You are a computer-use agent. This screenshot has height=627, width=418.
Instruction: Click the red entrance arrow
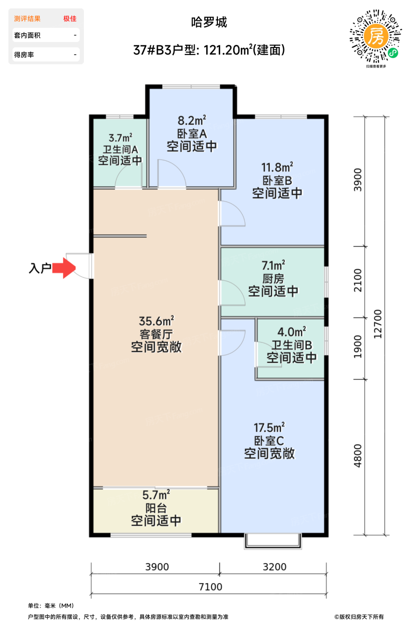pos(64,268)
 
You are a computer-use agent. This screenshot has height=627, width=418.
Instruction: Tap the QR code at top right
pos(376,36)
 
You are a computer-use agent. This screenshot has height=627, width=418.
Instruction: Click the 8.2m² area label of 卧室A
pos(192,120)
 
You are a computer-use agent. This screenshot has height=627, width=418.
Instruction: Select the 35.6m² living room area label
pos(157,321)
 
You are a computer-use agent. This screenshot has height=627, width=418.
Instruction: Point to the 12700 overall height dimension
pos(378,324)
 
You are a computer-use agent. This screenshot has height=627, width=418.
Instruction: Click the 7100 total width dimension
pos(210,586)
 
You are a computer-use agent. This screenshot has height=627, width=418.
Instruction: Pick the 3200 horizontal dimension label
pos(274,567)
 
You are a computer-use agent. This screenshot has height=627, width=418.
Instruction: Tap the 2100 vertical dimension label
pos(358,280)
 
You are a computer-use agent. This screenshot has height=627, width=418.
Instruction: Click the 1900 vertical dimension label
pos(358,347)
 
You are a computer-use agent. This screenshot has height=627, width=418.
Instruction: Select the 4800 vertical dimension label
pos(358,456)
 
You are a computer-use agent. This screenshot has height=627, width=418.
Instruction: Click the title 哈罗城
pos(209,22)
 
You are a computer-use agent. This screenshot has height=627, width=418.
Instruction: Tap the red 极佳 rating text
pos(70,18)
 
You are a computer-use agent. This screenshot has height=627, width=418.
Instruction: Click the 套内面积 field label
pos(27,35)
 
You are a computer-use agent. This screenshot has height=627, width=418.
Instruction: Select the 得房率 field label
pos(24,55)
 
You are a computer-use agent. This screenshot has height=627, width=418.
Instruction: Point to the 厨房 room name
pos(273,279)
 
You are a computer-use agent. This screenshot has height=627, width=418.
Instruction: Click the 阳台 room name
pos(156,508)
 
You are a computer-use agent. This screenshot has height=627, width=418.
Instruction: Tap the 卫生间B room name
pos(292,345)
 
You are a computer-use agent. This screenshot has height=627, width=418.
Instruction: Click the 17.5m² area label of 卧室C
pos(269,427)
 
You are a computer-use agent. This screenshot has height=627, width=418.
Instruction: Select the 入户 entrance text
pos(40,268)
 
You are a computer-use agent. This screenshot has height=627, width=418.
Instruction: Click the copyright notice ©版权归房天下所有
pos(359,617)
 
